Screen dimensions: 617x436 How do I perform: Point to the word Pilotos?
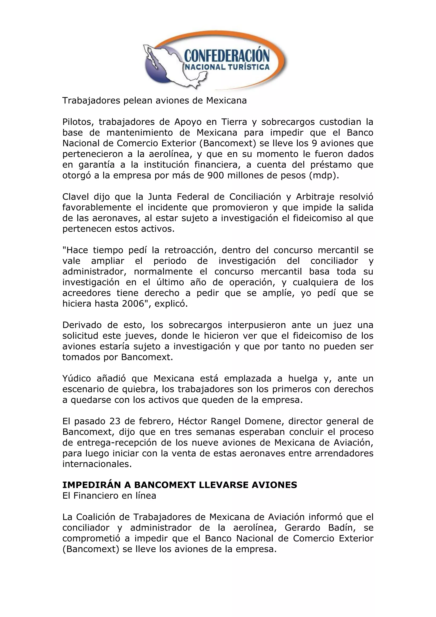77,122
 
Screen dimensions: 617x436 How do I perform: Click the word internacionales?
97,464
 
